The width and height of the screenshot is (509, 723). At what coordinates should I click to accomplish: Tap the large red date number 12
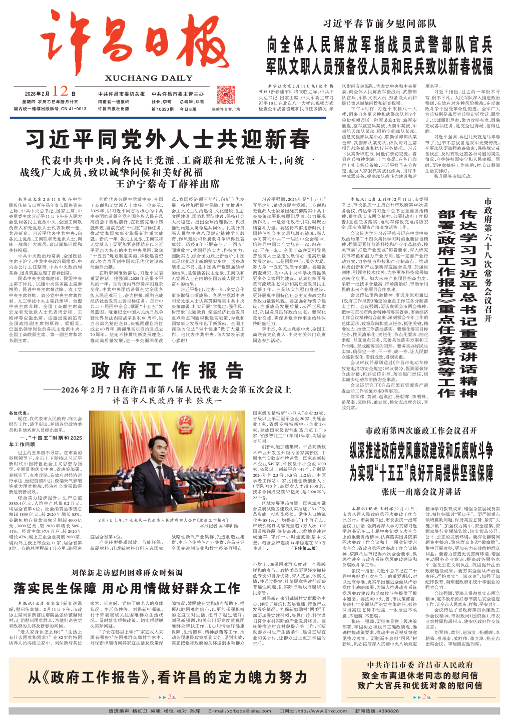(x=60, y=92)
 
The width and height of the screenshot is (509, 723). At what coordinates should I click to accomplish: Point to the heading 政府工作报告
(x=167, y=371)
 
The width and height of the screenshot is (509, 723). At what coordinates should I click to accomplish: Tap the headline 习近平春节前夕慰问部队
(x=380, y=23)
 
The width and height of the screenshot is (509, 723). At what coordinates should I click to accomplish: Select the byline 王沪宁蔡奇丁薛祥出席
(x=167, y=184)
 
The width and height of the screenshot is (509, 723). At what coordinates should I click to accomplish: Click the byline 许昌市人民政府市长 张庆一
(x=167, y=401)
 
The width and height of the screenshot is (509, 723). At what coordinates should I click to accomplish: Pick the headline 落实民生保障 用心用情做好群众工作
(x=127, y=588)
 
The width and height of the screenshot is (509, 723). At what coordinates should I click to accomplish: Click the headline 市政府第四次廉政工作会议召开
(x=421, y=431)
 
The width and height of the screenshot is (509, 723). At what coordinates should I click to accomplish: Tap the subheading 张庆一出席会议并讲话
(x=421, y=492)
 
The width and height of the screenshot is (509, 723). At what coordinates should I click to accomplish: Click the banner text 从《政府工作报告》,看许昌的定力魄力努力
(x=167, y=677)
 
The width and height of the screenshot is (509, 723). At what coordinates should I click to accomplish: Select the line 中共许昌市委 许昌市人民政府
(x=420, y=665)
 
